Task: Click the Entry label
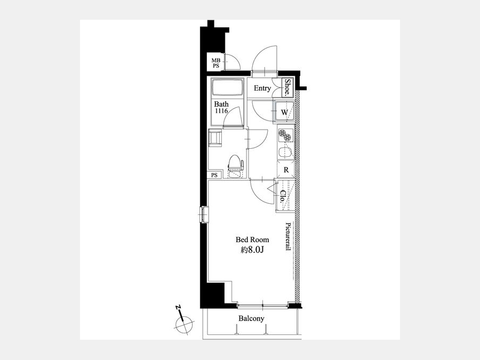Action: pyautogui.click(x=262, y=88)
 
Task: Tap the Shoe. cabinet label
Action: pyautogui.click(x=287, y=88)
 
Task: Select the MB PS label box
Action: pyautogui.click(x=216, y=63)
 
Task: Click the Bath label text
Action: pyautogui.click(x=221, y=104)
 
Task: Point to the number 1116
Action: pyautogui.click(x=221, y=111)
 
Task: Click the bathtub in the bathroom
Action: pyautogui.click(x=227, y=88)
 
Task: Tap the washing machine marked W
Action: pyautogui.click(x=285, y=112)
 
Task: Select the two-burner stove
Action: pyautogui.click(x=286, y=135)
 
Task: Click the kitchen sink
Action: pyautogui.click(x=286, y=152)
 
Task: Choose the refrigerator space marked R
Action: pyautogui.click(x=286, y=170)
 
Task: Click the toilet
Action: pyautogui.click(x=235, y=166)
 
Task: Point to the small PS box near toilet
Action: pyautogui.click(x=214, y=175)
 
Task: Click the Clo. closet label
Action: pyautogui.click(x=283, y=197)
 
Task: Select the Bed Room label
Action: pyautogui.click(x=252, y=239)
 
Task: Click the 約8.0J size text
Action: pyautogui.click(x=252, y=250)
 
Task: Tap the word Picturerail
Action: pyautogui.click(x=288, y=236)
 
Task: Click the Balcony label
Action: pyautogui.click(x=251, y=319)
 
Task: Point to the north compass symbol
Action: pyautogui.click(x=183, y=324)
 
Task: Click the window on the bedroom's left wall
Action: pyautogui.click(x=204, y=214)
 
